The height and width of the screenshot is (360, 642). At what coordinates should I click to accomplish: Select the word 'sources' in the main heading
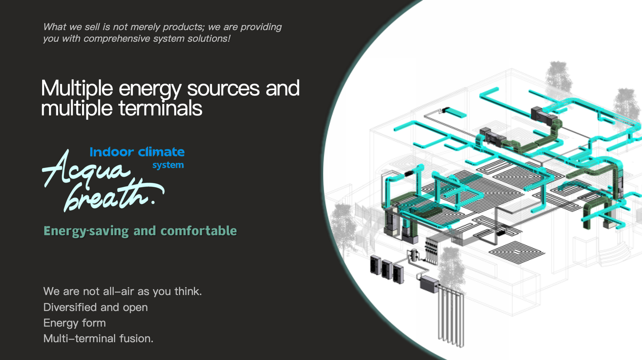223,88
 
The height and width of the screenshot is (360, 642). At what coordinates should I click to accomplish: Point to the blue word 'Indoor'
111,152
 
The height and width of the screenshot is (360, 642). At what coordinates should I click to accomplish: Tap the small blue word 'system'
168,165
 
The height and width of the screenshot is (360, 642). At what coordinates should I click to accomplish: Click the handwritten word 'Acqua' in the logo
85,169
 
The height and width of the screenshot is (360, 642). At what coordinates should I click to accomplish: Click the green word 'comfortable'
199,231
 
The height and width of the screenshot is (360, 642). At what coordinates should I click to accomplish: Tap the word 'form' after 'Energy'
94,323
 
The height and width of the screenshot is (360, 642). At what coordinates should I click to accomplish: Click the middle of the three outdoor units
387,269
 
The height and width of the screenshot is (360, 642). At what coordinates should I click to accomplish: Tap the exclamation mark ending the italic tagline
229,38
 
